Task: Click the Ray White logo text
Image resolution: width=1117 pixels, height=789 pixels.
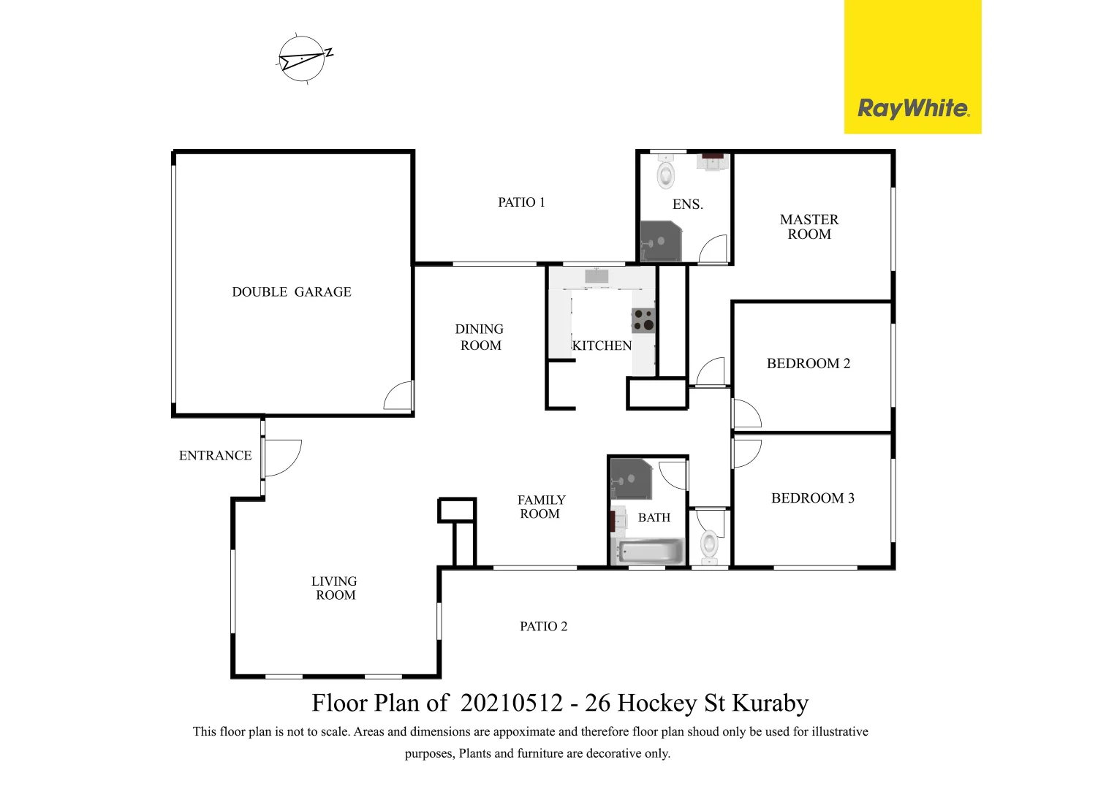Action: pos(913,108)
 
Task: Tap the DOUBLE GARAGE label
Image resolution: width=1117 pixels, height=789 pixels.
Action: pos(292,292)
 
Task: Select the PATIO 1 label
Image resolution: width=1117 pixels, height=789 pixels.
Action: pos(521,202)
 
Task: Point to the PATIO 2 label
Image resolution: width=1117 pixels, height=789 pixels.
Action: pos(543,626)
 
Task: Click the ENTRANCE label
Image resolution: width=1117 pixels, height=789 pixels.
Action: pos(215,456)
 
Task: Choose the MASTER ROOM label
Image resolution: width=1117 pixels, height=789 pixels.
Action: pos(809,226)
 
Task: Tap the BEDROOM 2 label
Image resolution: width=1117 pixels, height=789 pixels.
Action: pos(809,364)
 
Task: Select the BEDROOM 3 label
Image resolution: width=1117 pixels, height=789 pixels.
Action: pos(812,498)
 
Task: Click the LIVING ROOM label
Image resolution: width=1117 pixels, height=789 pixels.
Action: pos(335,588)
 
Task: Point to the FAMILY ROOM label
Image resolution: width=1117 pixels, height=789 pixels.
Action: pos(541,507)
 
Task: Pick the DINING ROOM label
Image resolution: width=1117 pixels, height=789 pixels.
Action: pos(480,338)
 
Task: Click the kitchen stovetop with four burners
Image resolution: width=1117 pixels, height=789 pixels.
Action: pos(643,320)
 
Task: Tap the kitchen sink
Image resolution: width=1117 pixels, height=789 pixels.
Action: pos(597,276)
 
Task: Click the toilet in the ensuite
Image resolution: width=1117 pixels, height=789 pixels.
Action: pos(666,174)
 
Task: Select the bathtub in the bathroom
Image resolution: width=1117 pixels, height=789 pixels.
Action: pos(650,552)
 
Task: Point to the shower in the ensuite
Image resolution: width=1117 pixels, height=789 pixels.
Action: pos(660,242)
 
